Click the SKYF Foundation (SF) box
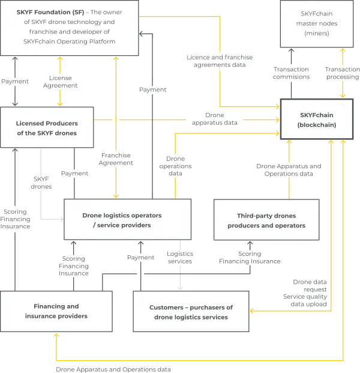70,28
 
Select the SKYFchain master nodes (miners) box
317,24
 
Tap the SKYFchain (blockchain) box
317,119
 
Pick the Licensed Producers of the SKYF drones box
47,127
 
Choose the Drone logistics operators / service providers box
128,219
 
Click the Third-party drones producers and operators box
266,220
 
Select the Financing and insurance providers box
56,311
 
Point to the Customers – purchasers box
191,311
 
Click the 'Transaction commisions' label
292,73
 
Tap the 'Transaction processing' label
343,73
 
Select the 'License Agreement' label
60,82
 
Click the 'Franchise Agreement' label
116,159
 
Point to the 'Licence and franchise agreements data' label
220,61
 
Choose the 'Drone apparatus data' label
215,119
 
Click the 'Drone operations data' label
175,166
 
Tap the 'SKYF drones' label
41,183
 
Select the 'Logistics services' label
180,258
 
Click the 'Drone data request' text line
310,285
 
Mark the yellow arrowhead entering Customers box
252,311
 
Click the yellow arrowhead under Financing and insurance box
56,335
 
